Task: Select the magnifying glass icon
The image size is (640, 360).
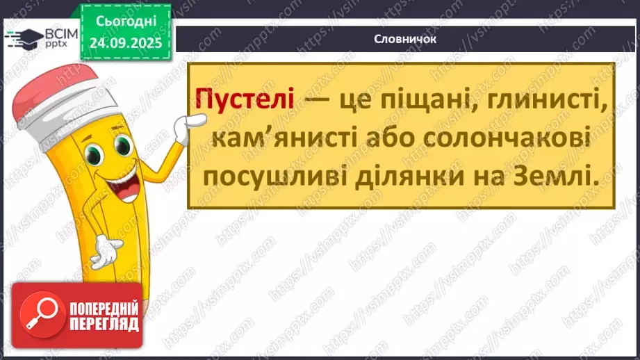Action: click(x=39, y=315)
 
